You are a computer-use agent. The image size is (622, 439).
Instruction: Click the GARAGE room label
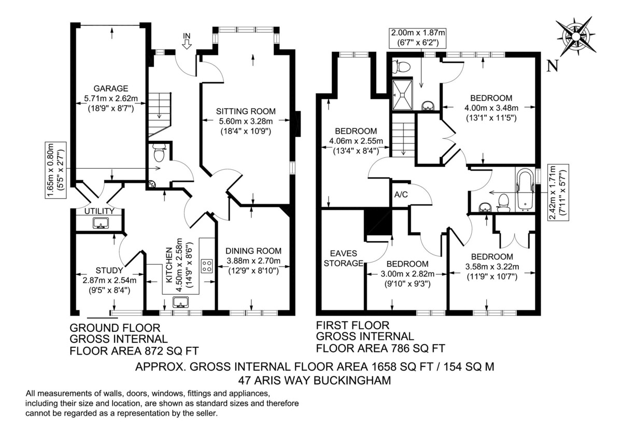point(111,89)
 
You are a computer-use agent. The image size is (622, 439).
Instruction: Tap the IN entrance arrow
point(187,44)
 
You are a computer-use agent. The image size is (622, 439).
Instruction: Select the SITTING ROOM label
point(246,111)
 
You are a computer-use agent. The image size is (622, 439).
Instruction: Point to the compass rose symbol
point(576,36)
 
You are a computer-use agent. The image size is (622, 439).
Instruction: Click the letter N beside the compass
point(553,67)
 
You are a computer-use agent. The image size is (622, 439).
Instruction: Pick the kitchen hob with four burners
point(207,266)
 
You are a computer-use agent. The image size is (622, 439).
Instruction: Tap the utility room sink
point(101,223)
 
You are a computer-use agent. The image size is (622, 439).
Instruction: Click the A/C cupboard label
point(401,195)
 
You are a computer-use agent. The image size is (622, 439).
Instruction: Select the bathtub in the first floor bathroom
point(525,189)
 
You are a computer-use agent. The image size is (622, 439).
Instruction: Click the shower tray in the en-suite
point(402,95)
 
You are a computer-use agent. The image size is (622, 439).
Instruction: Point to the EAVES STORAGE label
point(344,258)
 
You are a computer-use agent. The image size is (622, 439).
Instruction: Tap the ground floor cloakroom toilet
point(159,153)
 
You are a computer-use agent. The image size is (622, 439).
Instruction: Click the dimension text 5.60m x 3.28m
point(246,122)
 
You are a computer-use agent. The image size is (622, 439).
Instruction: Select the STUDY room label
point(109,270)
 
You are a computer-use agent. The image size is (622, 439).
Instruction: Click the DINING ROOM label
point(253,251)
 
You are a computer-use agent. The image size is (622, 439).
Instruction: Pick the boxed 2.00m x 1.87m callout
point(418,38)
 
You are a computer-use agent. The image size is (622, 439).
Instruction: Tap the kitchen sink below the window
point(181,302)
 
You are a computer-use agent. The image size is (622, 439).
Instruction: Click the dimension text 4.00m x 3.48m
point(491,108)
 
